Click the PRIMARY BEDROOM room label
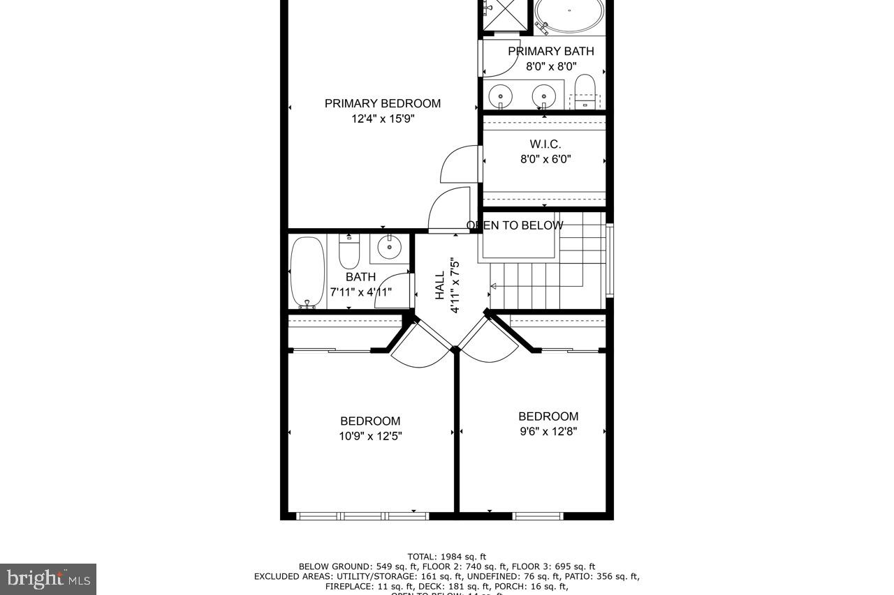click(382, 103)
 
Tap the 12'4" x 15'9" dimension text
click(382, 119)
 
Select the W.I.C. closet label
click(545, 144)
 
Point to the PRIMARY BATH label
click(550, 51)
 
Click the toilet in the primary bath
click(585, 91)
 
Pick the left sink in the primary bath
click(500, 95)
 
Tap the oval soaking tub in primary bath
click(569, 15)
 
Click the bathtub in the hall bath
click(307, 271)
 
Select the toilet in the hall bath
click(349, 253)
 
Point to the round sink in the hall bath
click(389, 246)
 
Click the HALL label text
click(440, 286)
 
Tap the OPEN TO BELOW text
click(515, 225)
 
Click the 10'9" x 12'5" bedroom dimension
click(370, 437)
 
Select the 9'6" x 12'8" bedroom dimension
click(548, 432)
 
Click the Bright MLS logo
click(48, 578)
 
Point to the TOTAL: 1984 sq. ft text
click(447, 557)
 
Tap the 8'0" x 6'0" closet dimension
click(545, 159)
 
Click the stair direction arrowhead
click(493, 286)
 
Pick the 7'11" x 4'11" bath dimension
click(360, 292)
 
